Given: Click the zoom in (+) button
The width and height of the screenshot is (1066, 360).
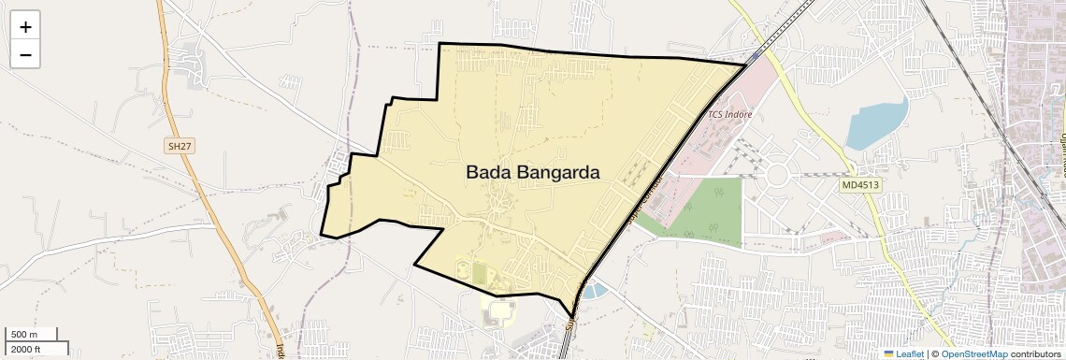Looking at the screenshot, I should coord(25,27).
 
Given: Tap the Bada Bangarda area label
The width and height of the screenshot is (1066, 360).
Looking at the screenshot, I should coord(532,173).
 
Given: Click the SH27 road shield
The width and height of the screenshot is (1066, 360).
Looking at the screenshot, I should coord(178,147).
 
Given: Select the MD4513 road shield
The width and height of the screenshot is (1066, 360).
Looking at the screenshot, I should coord(859,185).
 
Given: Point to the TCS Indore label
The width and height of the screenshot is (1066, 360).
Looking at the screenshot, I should coord(729,115).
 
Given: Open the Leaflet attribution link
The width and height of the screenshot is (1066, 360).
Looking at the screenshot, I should coord(910,353).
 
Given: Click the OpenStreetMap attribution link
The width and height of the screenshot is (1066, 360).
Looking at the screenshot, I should coord(973,353).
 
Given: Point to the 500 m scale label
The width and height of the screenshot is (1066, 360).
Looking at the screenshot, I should coord(24,335).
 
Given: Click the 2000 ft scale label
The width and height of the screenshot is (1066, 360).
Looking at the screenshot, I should coord(26,349).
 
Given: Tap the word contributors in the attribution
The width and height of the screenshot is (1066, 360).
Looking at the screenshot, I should coord(1035,353).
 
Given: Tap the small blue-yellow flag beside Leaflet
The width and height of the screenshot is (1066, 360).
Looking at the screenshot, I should coord(888,353).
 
